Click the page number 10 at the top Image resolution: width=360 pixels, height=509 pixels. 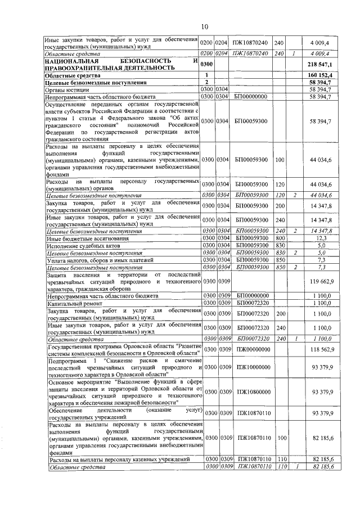point(204,26)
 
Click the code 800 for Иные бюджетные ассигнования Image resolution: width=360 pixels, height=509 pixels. point(279,238)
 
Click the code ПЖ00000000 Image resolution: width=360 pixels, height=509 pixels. point(253,349)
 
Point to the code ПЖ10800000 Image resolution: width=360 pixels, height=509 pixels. point(253,391)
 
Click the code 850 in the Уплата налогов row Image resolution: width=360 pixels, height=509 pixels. point(279,260)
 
